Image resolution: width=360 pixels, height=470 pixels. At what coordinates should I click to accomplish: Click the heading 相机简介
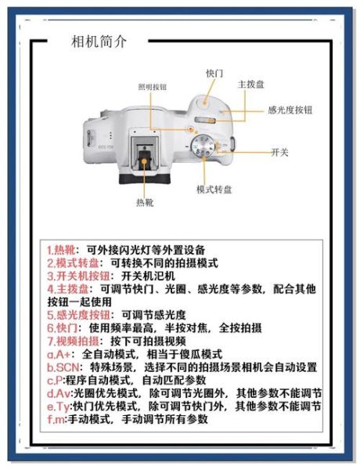click(x=99, y=42)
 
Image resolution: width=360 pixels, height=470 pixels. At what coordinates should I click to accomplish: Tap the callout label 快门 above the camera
click(x=214, y=73)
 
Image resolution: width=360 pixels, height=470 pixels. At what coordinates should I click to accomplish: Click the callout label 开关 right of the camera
click(x=279, y=150)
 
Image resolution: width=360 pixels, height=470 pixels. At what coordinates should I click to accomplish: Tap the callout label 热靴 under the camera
click(x=145, y=203)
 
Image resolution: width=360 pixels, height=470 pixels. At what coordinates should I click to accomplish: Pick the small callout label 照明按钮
click(x=153, y=87)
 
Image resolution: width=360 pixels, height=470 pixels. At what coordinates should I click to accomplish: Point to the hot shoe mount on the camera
click(x=145, y=151)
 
